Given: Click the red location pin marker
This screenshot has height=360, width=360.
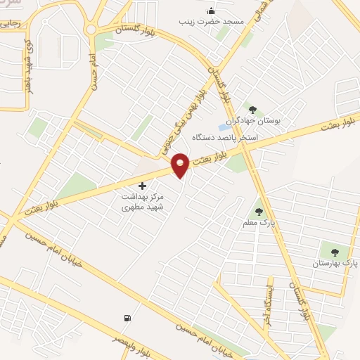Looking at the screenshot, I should (180, 165).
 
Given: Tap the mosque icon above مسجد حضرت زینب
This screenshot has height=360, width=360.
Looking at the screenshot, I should (210, 11).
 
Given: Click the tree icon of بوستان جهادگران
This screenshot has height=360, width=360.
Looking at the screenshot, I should (253, 109).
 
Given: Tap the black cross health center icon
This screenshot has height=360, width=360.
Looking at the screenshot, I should (143, 186).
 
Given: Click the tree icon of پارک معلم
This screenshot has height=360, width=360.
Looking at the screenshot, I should (259, 210).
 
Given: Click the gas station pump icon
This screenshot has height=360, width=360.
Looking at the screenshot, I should (127, 319).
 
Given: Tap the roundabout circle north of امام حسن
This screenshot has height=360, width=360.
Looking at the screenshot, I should (91, 29).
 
